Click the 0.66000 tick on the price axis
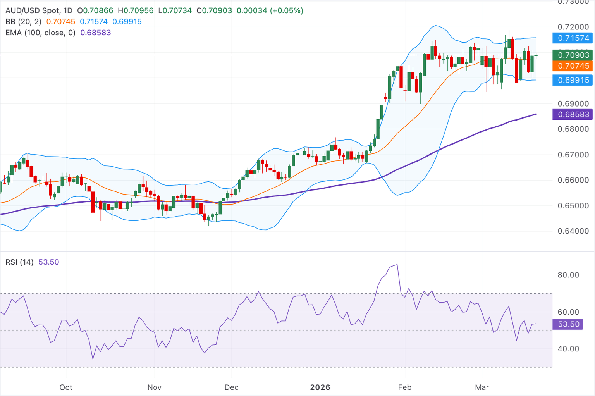[x=573, y=180]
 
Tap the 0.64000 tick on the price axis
[x=573, y=231]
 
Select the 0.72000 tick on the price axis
[x=573, y=27]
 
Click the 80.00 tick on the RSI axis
[x=568, y=275]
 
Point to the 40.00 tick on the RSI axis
[x=568, y=349]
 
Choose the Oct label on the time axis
[x=66, y=387]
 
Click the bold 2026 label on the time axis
[x=320, y=387]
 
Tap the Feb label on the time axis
[x=405, y=387]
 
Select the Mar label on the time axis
[x=482, y=387]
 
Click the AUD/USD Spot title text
[x=33, y=11]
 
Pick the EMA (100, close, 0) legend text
[x=40, y=33]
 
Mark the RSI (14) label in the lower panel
[x=19, y=262]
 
